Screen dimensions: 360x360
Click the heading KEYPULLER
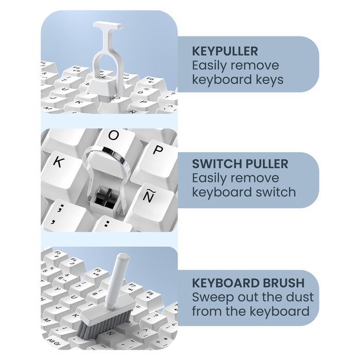pyautogui.click(x=225, y=51)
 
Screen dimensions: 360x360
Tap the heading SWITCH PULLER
pyautogui.click(x=240, y=164)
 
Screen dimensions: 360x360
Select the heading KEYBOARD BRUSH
pyautogui.click(x=248, y=283)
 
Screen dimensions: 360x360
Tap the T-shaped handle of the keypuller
pyautogui.click(x=108, y=25)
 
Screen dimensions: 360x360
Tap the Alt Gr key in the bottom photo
pyautogui.click(x=55, y=341)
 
